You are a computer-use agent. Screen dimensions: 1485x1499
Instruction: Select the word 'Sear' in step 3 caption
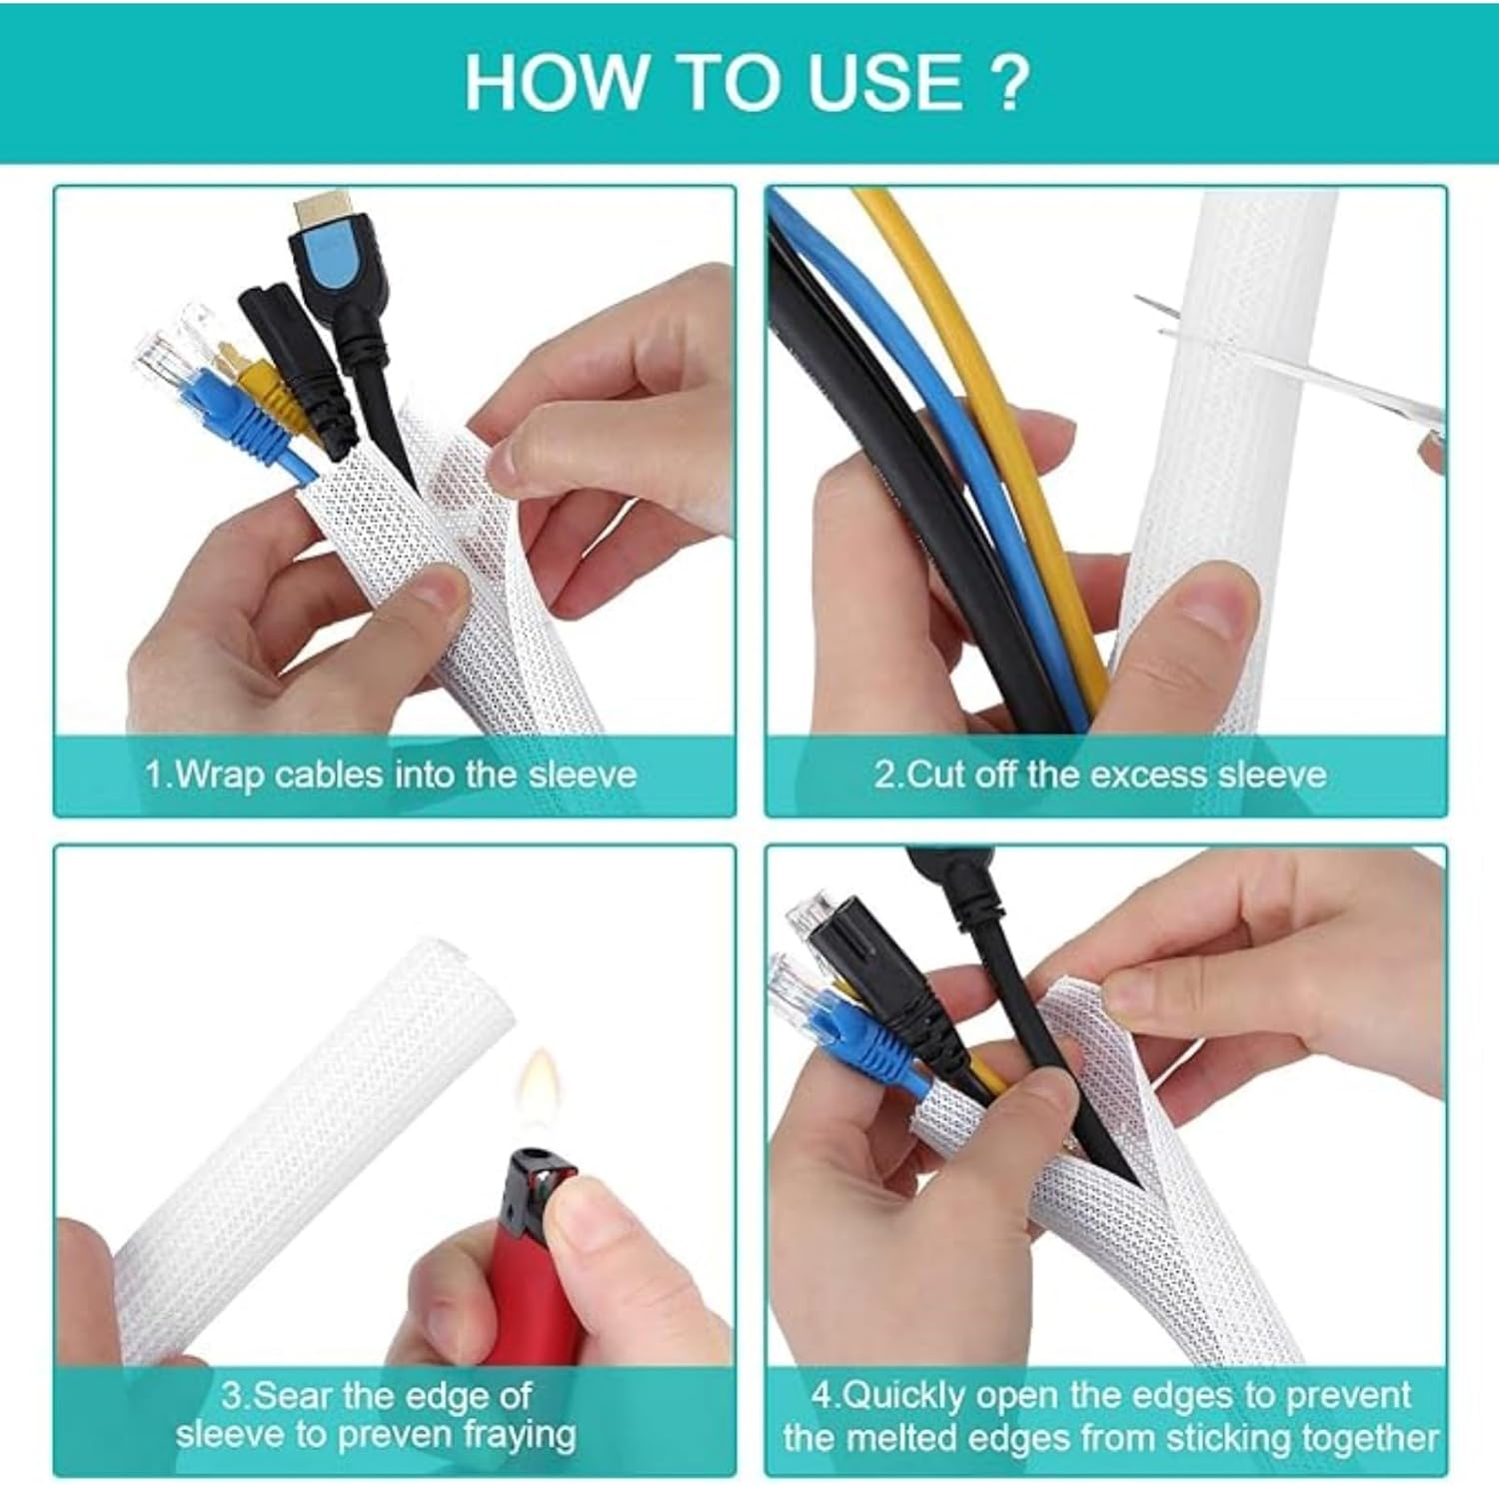tap(289, 1395)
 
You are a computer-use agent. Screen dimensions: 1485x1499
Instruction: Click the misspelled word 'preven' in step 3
tap(396, 1435)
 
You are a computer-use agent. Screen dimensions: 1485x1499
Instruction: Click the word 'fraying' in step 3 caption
tap(520, 1435)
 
